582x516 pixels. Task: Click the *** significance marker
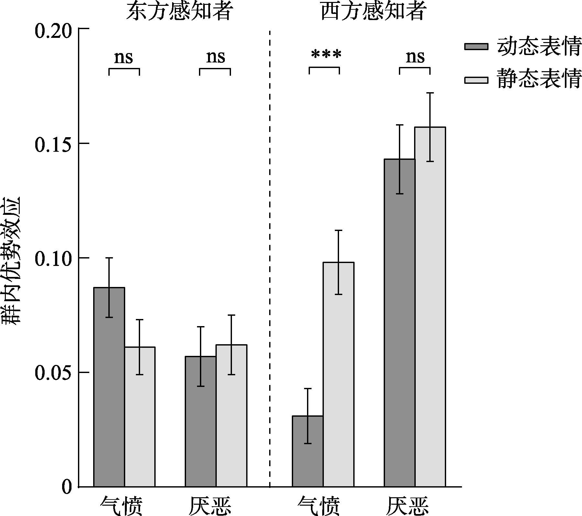click(x=326, y=55)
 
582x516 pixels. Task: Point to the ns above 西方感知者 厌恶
click(x=415, y=57)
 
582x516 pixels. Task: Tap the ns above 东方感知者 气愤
click(x=124, y=58)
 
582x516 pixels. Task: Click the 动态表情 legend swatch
click(x=476, y=46)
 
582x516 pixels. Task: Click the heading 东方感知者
click(x=179, y=12)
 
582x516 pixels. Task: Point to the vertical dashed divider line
click(x=270, y=259)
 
